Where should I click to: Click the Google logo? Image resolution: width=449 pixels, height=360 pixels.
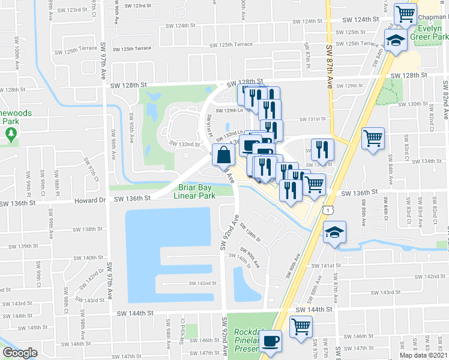(20, 353)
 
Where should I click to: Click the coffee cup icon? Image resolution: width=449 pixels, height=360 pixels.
(270, 341)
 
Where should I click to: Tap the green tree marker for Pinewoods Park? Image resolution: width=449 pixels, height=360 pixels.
(10, 134)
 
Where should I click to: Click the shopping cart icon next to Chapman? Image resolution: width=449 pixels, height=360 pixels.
(406, 13)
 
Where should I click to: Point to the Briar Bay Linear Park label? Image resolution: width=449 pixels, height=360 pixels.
(194, 191)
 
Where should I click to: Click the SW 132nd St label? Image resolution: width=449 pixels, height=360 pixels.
(184, 145)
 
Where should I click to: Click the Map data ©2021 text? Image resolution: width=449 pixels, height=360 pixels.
(423, 355)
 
